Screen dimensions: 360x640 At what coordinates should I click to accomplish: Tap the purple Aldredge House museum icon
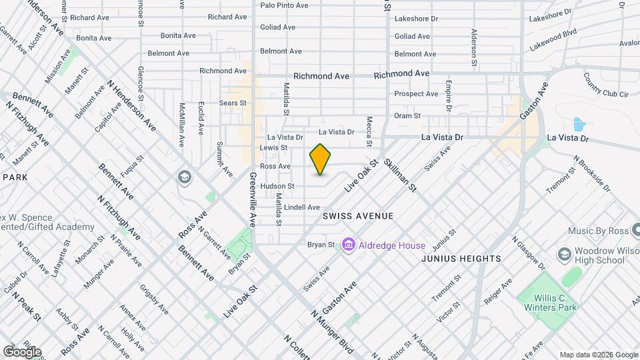click(348, 245)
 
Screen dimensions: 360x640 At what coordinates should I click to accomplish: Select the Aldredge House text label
click(392, 245)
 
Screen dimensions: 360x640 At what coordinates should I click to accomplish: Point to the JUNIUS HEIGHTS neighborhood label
click(461, 259)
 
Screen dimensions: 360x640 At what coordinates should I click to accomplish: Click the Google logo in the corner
click(22, 352)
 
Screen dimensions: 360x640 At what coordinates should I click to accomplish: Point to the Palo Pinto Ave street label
click(284, 5)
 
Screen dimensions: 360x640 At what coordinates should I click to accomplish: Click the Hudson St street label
click(277, 186)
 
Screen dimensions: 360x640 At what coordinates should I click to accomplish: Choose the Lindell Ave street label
click(302, 207)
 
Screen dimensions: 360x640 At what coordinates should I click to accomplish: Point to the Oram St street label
click(407, 115)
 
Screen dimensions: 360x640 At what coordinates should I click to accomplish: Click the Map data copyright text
click(599, 355)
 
